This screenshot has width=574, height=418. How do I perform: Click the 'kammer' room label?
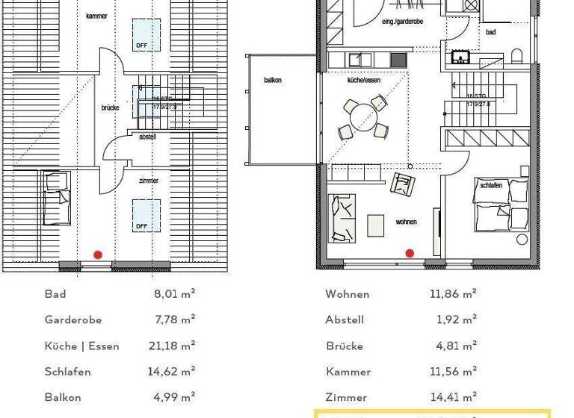click(x=96, y=16)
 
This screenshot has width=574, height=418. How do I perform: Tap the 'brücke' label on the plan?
click(x=110, y=107)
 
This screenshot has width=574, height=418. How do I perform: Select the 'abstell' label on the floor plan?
click(x=147, y=137)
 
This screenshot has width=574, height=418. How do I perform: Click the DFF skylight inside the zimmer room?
click(x=146, y=215)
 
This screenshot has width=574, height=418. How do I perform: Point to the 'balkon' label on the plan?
click(x=273, y=80)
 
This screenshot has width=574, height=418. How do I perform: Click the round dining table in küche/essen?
click(x=362, y=116)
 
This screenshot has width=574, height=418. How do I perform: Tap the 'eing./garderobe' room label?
click(x=402, y=22)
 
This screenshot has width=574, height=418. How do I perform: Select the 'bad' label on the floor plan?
click(x=490, y=32)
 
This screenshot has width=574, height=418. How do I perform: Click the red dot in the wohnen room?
click(x=410, y=254)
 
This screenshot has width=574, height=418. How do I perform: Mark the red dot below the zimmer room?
click(x=98, y=255)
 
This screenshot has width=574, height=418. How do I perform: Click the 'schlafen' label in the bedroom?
click(x=490, y=185)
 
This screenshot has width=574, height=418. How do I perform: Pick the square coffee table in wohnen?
click(x=375, y=225)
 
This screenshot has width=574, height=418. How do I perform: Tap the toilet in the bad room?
click(x=516, y=56)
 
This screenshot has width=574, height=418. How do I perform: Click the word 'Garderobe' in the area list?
click(x=73, y=319)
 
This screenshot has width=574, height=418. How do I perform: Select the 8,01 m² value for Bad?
click(x=174, y=294)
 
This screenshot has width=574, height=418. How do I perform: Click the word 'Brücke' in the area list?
click(x=345, y=346)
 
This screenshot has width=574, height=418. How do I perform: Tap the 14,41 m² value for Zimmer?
click(x=454, y=397)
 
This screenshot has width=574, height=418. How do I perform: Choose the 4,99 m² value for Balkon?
click(x=174, y=397)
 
